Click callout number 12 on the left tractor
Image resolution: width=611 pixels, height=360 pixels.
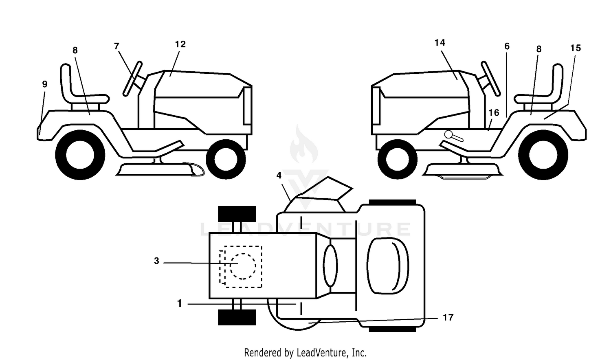click(180, 44)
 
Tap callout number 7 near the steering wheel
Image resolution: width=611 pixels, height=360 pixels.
click(116, 46)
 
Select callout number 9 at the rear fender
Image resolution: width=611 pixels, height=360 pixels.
click(45, 84)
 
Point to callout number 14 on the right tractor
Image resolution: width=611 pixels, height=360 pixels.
click(440, 43)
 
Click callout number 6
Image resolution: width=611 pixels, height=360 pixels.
click(507, 46)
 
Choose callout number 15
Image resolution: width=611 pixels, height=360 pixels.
click(576, 48)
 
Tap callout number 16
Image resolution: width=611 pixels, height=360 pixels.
click(494, 113)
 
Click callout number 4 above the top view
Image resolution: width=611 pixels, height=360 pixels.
click(279, 176)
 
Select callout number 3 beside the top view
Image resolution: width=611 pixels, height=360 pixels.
click(156, 261)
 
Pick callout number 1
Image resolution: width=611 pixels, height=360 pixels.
click(180, 303)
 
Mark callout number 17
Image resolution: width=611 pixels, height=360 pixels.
click(448, 318)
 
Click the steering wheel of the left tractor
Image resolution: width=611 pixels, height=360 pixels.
click(132, 79)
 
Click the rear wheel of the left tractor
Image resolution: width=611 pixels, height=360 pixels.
click(80, 155)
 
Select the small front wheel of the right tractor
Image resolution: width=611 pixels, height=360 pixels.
click(398, 159)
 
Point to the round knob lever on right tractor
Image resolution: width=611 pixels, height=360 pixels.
click(453, 136)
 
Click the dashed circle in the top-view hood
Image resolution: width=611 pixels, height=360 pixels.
click(243, 266)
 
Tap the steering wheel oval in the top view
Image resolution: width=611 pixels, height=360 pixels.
click(330, 266)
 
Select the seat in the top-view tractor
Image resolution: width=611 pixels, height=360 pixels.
click(388, 266)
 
